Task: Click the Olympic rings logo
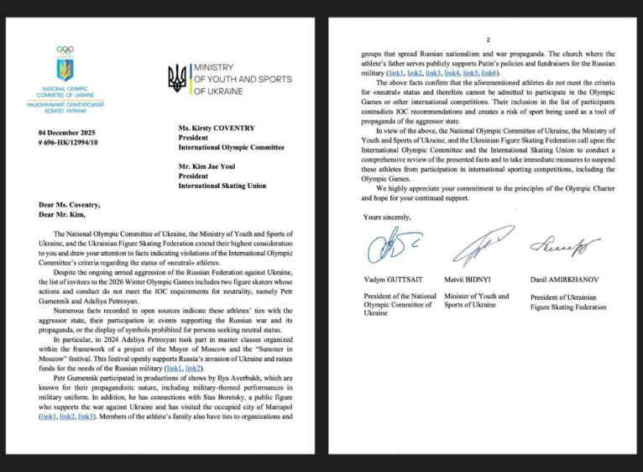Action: (65, 50)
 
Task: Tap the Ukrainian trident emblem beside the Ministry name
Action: (177, 78)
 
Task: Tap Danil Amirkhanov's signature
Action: (564, 244)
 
